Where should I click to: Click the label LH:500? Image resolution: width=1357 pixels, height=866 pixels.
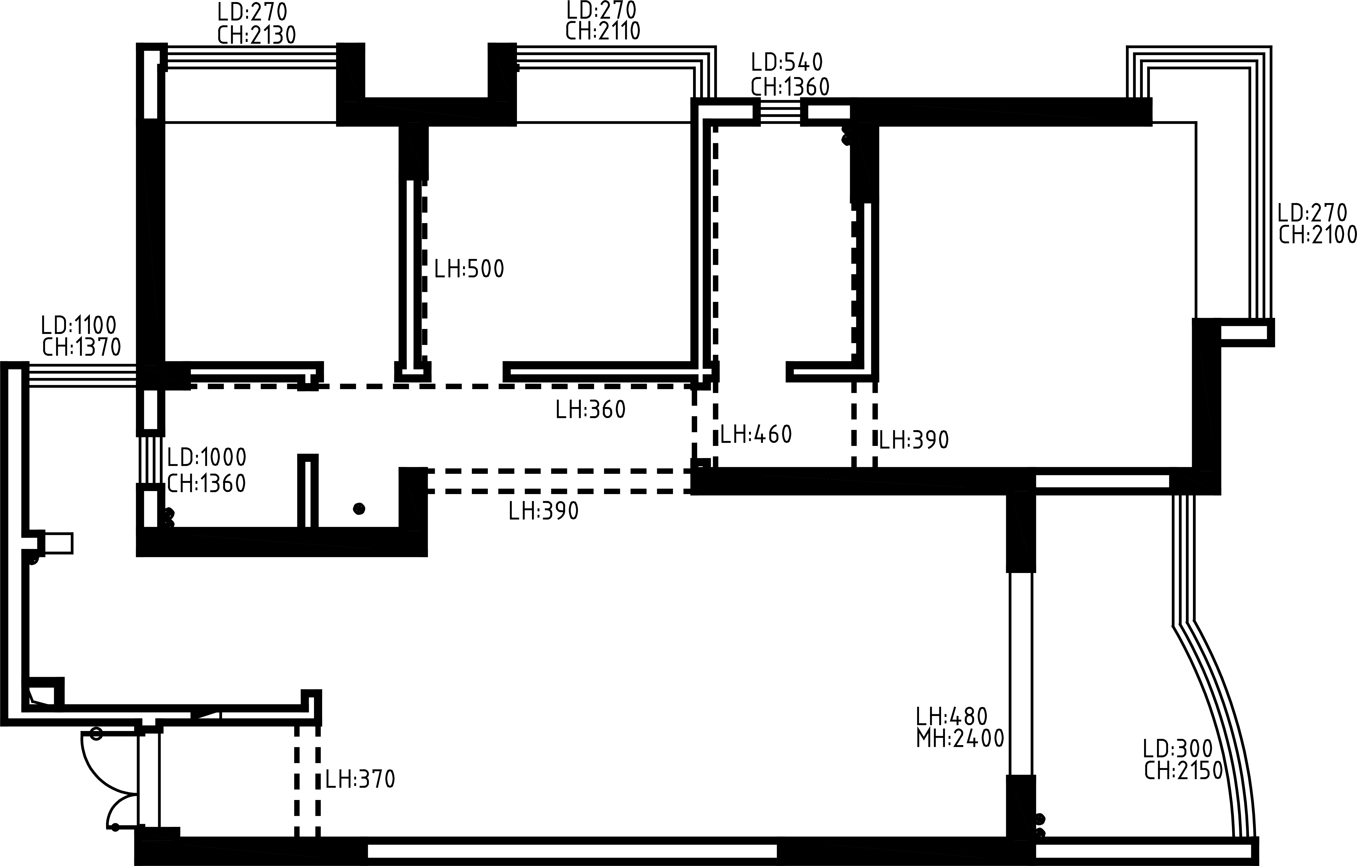pos(469,270)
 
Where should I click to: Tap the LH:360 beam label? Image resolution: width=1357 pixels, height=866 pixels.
pos(591,410)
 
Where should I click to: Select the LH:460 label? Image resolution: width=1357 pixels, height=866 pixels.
pos(756,434)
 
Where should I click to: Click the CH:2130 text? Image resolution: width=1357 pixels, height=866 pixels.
pos(256,35)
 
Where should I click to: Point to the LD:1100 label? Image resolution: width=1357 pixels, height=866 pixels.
pos(79,325)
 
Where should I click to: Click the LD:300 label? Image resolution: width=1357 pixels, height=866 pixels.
pos(1178,749)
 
